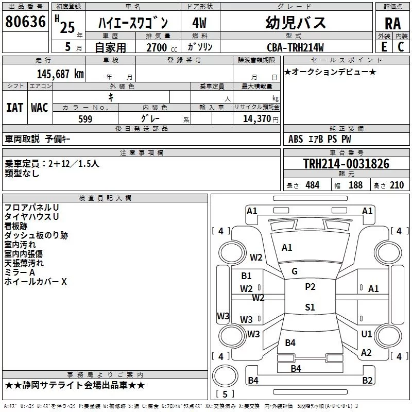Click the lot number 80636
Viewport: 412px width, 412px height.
[x=25, y=21]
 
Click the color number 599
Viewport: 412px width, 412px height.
[x=85, y=118]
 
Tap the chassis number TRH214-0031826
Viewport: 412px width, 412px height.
[x=346, y=164]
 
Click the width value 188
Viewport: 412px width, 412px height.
[x=355, y=185]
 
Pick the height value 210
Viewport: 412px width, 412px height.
[x=397, y=185]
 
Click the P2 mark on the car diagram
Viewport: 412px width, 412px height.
[x=310, y=287]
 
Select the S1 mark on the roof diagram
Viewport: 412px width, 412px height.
[x=310, y=307]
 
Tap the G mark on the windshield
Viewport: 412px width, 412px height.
[x=295, y=271]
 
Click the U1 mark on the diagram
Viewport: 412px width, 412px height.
[x=366, y=334]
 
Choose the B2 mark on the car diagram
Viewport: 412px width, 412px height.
[x=367, y=381]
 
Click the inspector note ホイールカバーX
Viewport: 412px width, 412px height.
[x=36, y=282]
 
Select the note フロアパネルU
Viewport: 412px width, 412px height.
[x=31, y=208]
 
